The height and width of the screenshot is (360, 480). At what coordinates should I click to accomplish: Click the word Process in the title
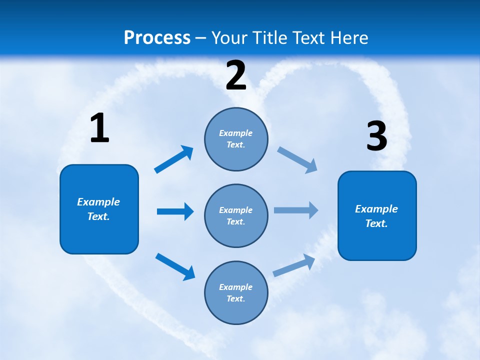click(x=157, y=38)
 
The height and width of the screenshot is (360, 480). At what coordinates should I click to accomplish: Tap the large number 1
click(x=99, y=128)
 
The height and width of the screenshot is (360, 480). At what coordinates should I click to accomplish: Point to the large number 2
click(x=236, y=75)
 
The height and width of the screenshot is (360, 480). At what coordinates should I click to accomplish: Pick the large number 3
click(x=376, y=136)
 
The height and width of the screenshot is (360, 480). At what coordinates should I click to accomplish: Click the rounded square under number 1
click(x=99, y=209)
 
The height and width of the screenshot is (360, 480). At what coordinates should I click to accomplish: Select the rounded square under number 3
click(x=377, y=215)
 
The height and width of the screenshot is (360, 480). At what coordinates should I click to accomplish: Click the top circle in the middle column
click(x=236, y=139)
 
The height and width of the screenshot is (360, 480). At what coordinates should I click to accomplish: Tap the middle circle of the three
click(x=236, y=215)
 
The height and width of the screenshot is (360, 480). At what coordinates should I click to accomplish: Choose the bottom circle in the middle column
click(x=236, y=292)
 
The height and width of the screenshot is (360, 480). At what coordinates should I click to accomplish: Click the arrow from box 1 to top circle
click(x=174, y=159)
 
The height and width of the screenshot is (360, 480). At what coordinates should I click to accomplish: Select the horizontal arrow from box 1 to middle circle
click(x=175, y=211)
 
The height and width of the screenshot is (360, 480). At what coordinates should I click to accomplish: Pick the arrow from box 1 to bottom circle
click(x=175, y=266)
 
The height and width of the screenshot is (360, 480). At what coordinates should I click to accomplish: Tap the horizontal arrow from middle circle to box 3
click(x=296, y=210)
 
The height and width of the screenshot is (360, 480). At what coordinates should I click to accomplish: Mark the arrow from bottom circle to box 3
click(x=294, y=265)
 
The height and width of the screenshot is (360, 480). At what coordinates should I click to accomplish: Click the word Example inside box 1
click(x=98, y=202)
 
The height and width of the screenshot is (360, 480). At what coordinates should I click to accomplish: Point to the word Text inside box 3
click(x=375, y=223)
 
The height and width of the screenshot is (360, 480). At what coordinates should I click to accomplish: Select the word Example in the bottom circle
click(x=235, y=287)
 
